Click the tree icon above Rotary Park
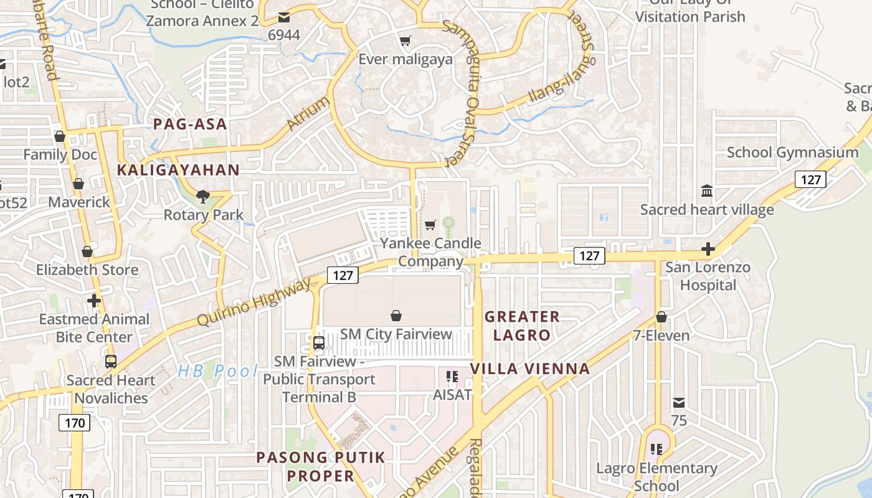(202, 197)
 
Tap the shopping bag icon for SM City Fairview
(396, 316)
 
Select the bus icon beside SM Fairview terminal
(318, 342)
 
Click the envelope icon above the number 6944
(284, 17)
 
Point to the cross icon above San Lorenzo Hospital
(708, 250)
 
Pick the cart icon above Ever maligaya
(405, 41)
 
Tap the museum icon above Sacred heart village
(707, 190)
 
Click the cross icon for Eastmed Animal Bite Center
(94, 301)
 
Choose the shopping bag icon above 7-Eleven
(661, 317)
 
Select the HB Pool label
(217, 372)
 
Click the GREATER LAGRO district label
(522, 326)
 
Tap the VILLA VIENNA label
(530, 369)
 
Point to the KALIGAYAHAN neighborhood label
(178, 170)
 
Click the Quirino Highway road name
(254, 302)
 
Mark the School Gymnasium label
(792, 153)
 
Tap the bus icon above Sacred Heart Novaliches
(111, 361)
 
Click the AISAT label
(452, 395)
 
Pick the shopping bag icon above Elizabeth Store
(87, 251)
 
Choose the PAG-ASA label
(190, 124)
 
